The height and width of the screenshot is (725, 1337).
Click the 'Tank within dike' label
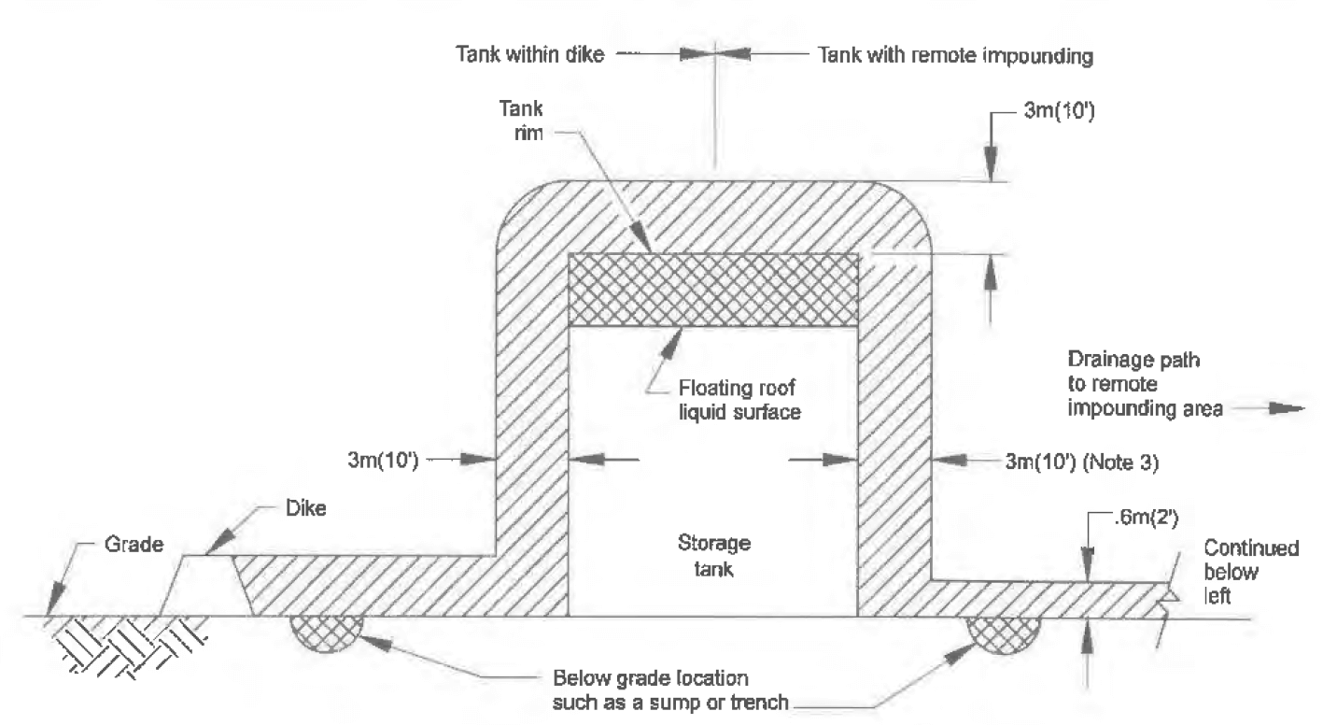(530, 54)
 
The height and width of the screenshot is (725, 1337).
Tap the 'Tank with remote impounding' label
(955, 55)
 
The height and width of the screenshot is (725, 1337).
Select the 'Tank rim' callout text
(521, 120)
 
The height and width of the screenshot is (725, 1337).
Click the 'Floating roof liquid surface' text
(739, 400)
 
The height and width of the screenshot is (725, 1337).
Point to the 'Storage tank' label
(714, 555)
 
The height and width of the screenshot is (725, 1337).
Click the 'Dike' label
(305, 508)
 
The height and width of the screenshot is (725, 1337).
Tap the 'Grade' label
(134, 544)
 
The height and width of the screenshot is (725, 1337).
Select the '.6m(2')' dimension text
(1146, 518)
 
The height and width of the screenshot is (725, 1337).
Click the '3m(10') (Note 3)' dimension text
(1081, 462)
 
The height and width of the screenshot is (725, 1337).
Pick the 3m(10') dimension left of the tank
(383, 461)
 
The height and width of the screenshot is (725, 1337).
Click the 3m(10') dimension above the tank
(1060, 110)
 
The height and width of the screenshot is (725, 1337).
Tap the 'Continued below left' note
(1251, 572)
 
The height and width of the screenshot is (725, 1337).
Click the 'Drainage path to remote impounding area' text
(1145, 383)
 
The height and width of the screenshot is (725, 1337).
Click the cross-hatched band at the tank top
(713, 291)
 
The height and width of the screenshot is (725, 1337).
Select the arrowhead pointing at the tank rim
(643, 237)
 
